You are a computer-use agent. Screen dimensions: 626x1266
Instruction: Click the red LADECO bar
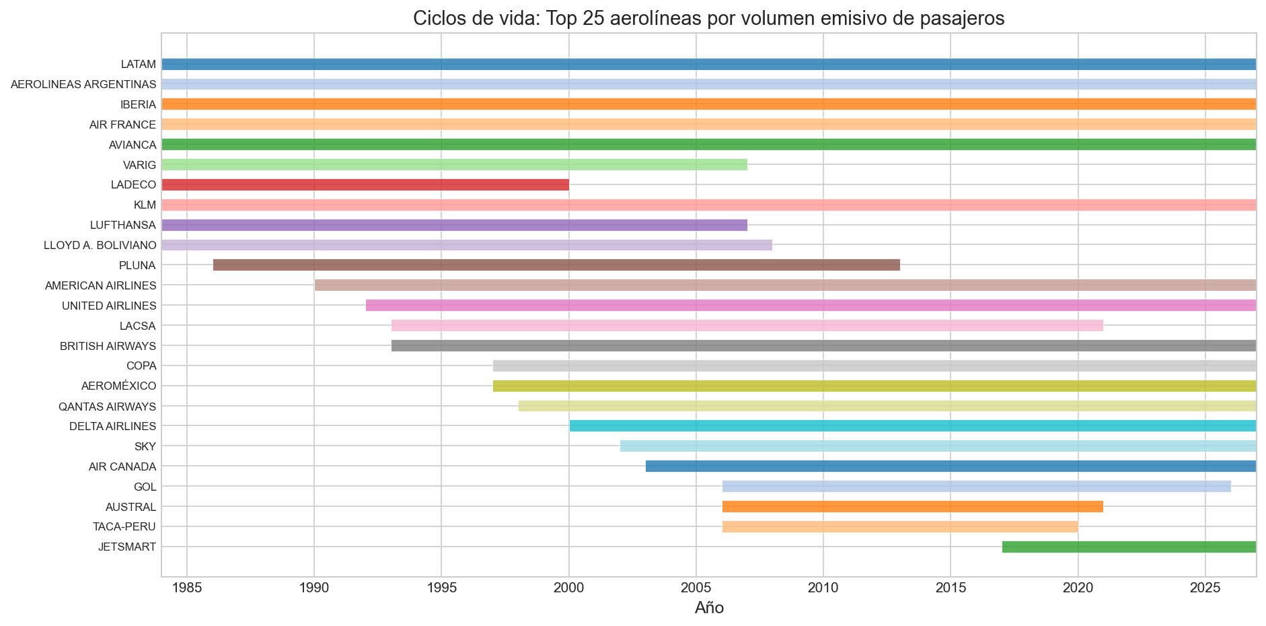coord(365,185)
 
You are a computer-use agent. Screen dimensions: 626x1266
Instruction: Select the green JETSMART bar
coord(1129,547)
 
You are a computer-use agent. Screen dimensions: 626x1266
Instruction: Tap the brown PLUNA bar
coord(556,265)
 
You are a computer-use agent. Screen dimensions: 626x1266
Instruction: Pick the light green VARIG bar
coord(454,165)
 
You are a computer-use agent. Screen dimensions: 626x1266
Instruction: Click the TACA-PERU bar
coord(900,527)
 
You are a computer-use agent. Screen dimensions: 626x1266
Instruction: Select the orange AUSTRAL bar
coord(912,507)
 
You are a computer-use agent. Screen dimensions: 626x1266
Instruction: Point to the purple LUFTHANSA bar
coord(454,225)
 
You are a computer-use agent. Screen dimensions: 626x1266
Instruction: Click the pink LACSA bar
coord(747,326)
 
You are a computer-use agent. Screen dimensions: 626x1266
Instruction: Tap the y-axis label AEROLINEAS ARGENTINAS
coord(83,85)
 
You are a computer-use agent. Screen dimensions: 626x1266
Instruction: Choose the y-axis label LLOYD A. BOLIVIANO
coord(100,246)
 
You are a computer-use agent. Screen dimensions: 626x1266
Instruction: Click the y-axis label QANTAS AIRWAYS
coord(107,407)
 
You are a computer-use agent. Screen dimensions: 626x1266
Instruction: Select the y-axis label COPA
coord(141,366)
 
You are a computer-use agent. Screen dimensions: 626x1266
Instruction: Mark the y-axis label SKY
coord(145,446)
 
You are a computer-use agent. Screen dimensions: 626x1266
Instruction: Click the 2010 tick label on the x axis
coord(823,588)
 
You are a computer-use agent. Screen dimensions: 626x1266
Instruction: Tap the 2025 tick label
coord(1205,588)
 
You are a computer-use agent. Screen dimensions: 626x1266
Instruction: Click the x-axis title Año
coord(709,608)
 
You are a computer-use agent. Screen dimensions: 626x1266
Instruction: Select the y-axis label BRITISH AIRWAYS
coord(108,346)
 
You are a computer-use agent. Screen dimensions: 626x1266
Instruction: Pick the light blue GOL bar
coord(976,487)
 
